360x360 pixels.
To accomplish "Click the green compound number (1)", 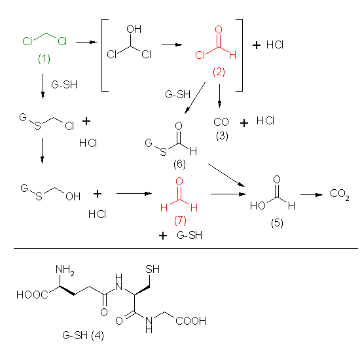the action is [44, 59].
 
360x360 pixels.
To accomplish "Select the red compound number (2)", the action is [219, 72].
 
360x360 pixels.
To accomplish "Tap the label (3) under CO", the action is [222, 136].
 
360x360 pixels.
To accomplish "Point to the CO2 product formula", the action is [340, 194].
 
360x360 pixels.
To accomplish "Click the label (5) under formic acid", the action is [277, 223].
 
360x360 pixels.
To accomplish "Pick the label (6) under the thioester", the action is [179, 164].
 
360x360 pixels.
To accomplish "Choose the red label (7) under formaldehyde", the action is [180, 220].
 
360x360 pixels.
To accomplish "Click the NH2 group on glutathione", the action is [65, 270].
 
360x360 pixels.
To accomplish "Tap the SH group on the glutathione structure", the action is [153, 269].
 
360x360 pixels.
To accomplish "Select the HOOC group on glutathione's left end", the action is [32, 295].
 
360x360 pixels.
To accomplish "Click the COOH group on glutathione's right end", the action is [190, 321].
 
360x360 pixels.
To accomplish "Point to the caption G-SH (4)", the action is [83, 335].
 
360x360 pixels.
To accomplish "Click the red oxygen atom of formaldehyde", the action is [179, 181].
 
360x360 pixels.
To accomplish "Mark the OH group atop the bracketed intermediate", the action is [134, 29].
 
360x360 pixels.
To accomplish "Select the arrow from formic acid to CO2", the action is [312, 195].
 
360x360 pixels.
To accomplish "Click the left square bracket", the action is [105, 56].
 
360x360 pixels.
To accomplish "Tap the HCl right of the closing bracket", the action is [275, 45].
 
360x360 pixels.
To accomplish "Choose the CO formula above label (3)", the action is [221, 122].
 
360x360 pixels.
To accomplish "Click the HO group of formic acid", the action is [258, 206].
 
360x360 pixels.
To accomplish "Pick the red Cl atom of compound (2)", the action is [200, 56].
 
